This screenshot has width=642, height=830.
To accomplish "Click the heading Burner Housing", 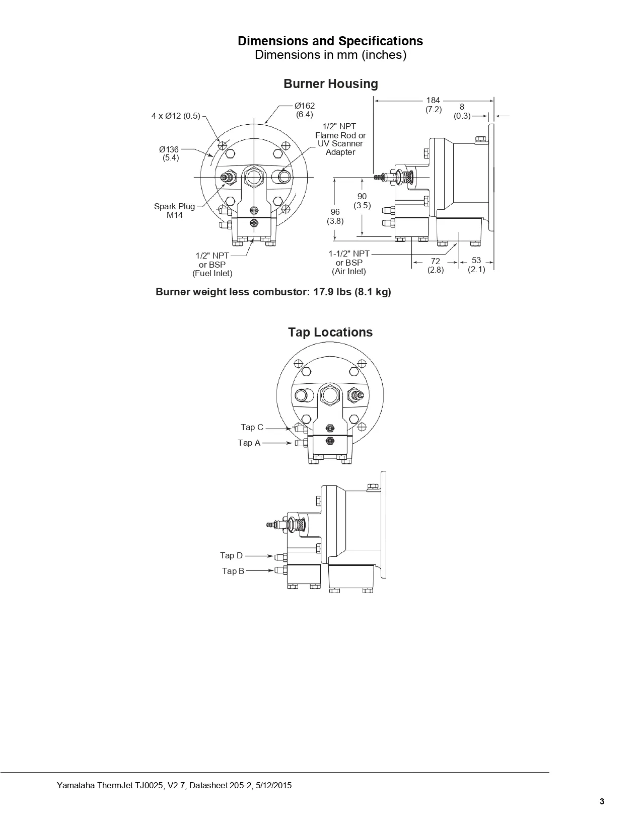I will click(x=330, y=84).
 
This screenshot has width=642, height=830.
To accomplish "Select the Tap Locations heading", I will click(x=330, y=332).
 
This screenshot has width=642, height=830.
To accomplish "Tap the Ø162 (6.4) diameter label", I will click(x=305, y=110).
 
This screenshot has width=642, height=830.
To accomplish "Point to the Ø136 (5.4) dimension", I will click(x=169, y=153).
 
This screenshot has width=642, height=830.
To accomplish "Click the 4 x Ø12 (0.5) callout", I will click(x=176, y=116).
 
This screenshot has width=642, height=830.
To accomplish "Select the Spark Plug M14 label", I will click(x=174, y=211).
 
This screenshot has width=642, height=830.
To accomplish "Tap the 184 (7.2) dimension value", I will click(x=433, y=105).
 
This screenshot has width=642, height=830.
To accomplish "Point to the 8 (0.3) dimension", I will click(x=462, y=111).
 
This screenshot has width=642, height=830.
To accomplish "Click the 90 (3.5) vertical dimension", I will click(x=362, y=201).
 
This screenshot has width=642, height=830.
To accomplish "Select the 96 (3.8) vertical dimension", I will click(x=335, y=216).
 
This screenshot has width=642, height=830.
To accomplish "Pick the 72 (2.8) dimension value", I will click(x=436, y=266).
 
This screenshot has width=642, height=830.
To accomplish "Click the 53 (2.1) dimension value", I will click(x=476, y=265).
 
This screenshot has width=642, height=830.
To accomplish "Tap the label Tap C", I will click(x=252, y=427).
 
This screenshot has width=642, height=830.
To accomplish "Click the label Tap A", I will click(x=249, y=443).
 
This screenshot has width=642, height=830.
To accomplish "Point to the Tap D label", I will click(x=231, y=555).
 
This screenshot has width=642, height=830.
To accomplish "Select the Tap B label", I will click(x=233, y=571).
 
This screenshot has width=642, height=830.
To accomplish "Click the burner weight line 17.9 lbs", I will click(x=273, y=292).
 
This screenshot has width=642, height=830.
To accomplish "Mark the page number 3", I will click(x=602, y=801).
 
